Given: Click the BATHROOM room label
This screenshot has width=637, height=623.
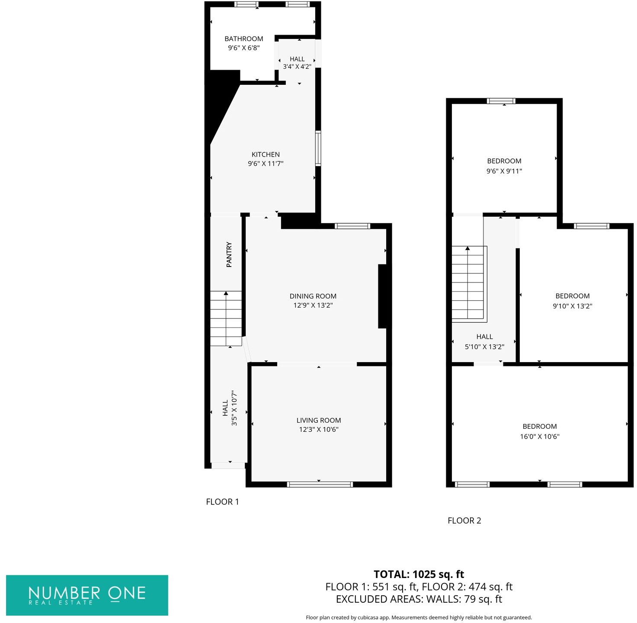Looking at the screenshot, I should [243, 39].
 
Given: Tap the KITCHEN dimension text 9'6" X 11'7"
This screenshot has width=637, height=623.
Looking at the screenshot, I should [266, 164].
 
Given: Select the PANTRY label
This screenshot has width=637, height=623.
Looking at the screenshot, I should [229, 254].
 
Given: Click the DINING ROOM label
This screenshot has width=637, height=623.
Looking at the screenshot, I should [313, 296].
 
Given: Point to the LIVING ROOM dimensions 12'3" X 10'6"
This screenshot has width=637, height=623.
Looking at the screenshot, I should [319, 430].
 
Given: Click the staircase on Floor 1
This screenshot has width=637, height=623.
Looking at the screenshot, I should [226, 318].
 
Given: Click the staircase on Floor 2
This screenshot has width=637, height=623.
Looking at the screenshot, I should [467, 283].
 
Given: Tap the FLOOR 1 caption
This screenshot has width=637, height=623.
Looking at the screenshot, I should [222, 502].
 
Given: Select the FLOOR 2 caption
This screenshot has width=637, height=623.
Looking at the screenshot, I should [464, 520].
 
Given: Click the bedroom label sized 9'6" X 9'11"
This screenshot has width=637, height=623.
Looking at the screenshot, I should [504, 161].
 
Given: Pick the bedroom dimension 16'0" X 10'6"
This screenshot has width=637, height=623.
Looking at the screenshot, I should [539, 437].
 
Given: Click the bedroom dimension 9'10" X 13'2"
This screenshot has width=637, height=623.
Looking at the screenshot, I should [572, 306].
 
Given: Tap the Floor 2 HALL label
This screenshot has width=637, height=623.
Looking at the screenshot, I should [484, 337].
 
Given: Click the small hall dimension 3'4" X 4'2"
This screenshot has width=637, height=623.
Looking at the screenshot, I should [297, 67].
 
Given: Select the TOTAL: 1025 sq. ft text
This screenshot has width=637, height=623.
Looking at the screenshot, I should [419, 575].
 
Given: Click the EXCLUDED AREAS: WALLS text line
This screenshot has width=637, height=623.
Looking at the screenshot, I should [419, 599].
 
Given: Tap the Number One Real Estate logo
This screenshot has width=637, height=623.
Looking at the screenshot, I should [87, 595].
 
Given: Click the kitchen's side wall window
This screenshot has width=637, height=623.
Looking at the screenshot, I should [318, 148].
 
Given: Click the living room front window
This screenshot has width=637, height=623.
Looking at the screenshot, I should [320, 484].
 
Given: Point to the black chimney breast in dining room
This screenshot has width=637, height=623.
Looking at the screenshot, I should [383, 296].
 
